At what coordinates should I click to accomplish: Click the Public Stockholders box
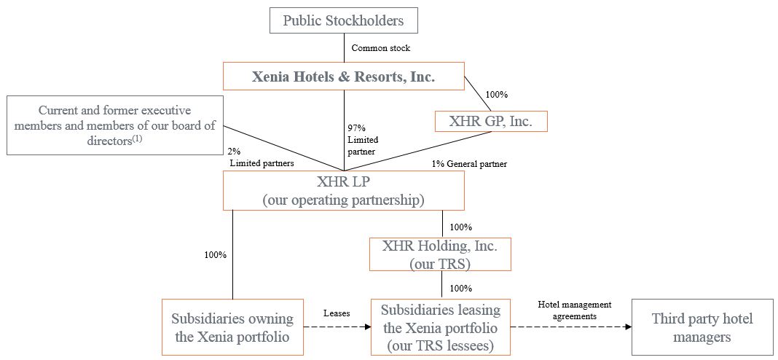click(343, 20)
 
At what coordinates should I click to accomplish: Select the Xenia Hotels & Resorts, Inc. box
click(343, 77)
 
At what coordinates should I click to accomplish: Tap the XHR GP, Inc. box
click(490, 121)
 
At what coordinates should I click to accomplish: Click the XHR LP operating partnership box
click(343, 191)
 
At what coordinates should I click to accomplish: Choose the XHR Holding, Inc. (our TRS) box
click(439, 254)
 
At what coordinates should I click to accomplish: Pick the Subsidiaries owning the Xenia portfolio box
click(232, 327)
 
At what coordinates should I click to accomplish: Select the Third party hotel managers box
click(702, 327)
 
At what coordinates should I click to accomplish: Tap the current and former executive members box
click(115, 125)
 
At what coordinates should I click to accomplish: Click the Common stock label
click(381, 48)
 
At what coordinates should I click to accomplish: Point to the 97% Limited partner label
click(363, 139)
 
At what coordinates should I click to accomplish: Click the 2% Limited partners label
click(261, 158)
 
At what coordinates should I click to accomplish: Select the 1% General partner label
click(469, 164)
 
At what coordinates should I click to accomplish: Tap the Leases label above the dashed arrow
click(337, 313)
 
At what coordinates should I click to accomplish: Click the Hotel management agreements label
click(574, 310)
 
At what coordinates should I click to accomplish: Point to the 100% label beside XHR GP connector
click(496, 95)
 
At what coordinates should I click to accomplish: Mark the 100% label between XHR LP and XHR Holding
click(461, 227)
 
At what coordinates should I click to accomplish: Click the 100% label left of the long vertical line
click(215, 255)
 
